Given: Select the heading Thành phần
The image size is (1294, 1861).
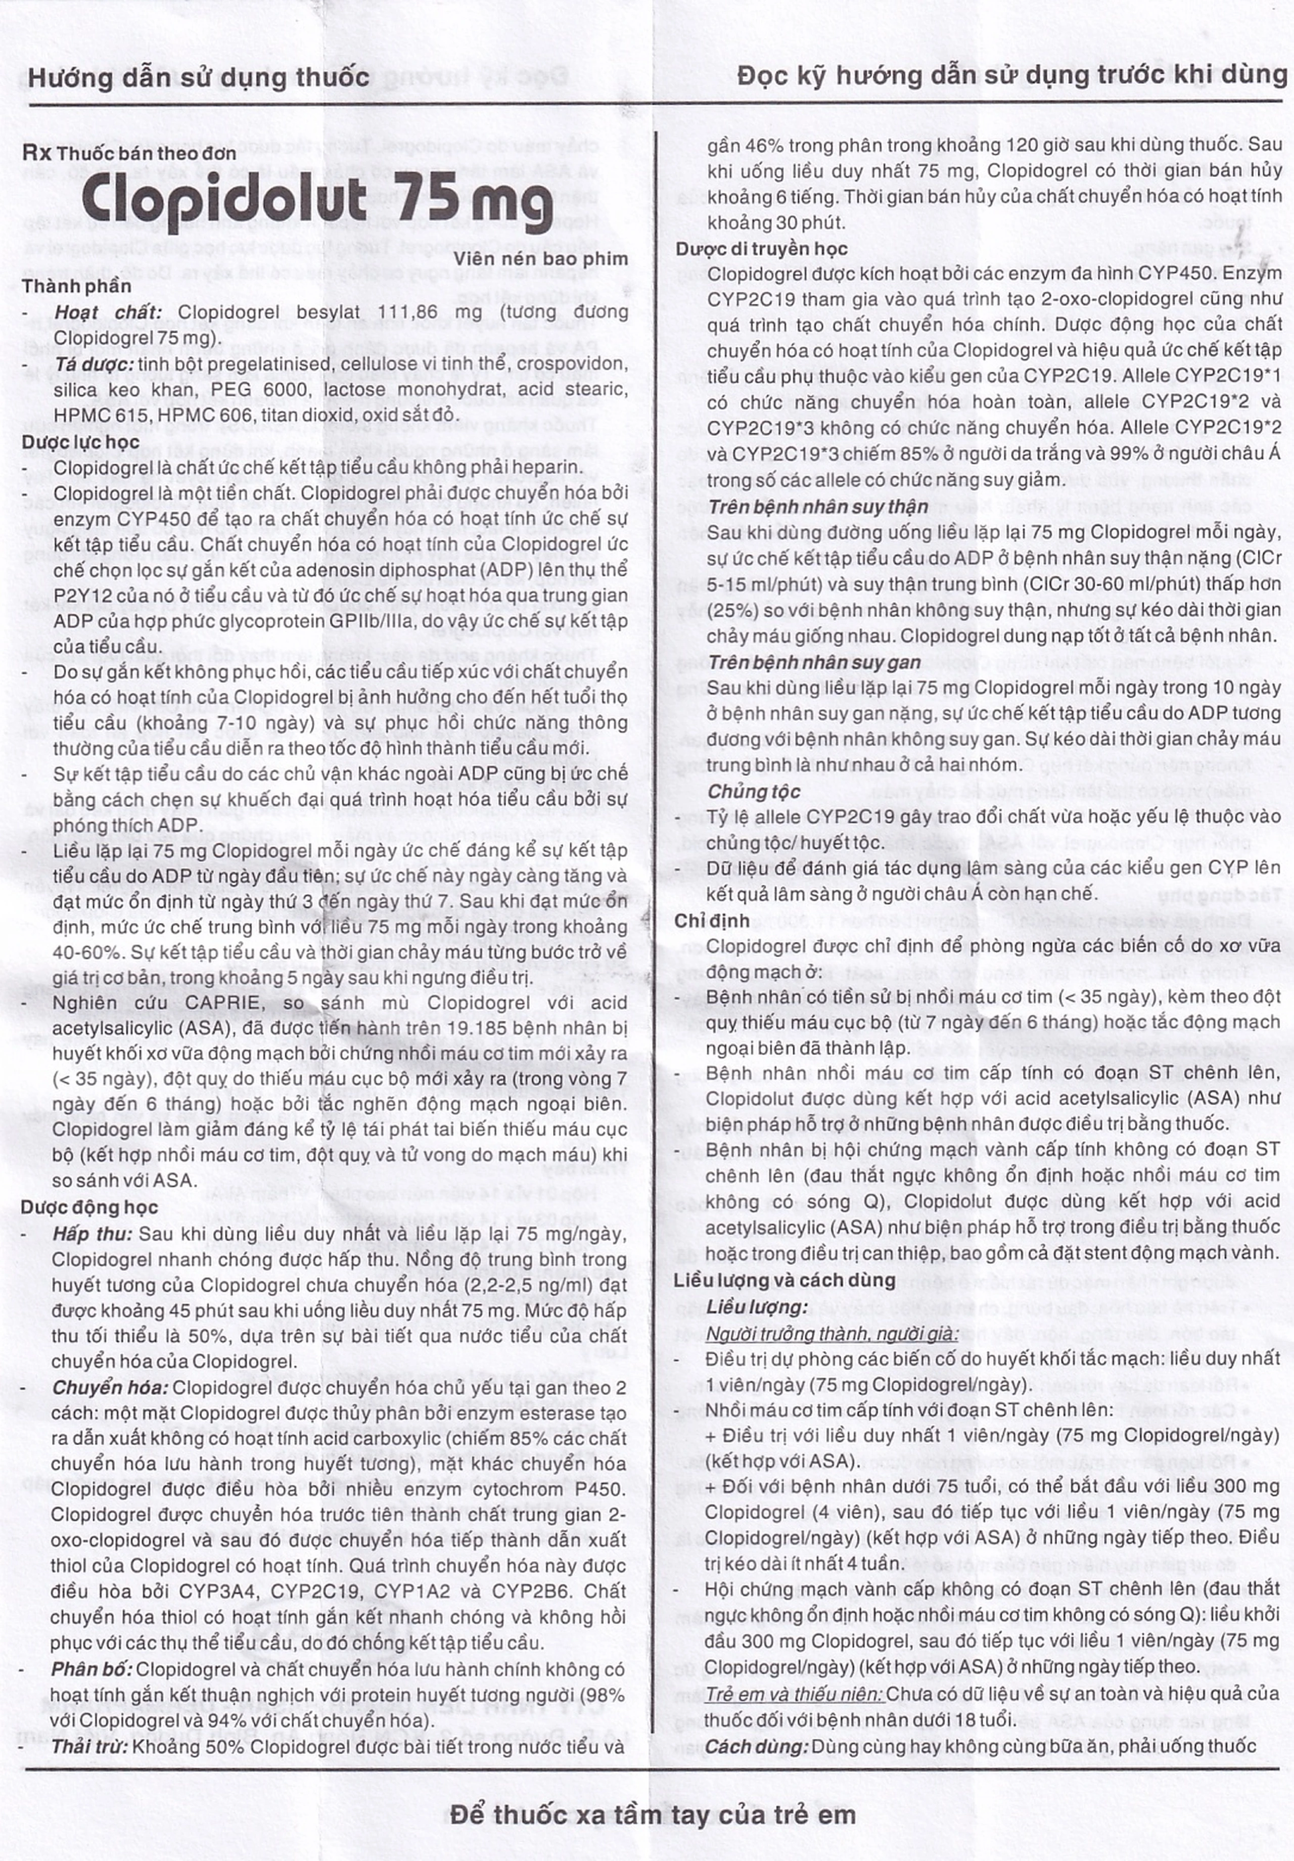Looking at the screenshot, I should pyautogui.click(x=76, y=286).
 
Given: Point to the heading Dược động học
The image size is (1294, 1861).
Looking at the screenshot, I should pyautogui.click(x=89, y=1207).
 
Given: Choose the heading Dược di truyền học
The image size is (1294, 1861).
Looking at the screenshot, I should pyautogui.click(x=762, y=249).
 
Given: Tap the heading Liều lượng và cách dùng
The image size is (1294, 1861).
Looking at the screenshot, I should pyautogui.click(x=784, y=1281).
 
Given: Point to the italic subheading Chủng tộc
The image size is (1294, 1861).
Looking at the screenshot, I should pyautogui.click(x=754, y=791).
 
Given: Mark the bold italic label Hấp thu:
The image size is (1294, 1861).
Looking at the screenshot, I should pyautogui.click(x=93, y=1234).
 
